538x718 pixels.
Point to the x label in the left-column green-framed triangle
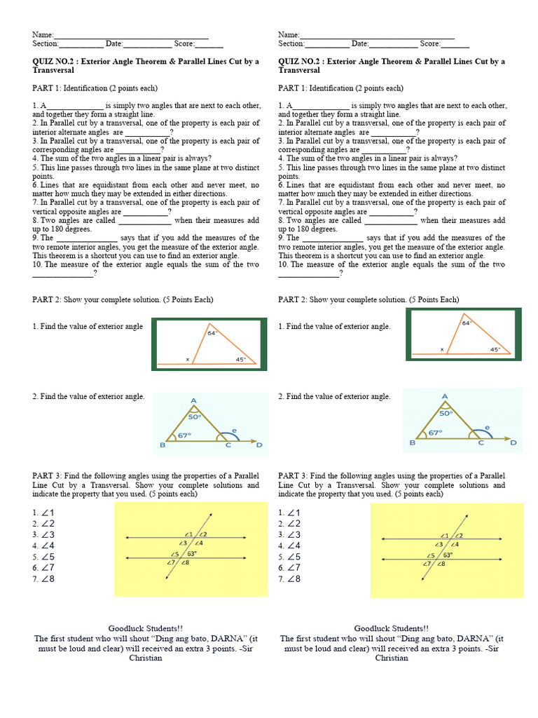[x=187, y=359]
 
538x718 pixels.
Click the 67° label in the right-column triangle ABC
[x=435, y=433]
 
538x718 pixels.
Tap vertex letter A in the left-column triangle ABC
[x=193, y=400]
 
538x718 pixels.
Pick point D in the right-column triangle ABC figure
[x=513, y=443]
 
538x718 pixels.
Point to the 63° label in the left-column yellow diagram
[x=191, y=553]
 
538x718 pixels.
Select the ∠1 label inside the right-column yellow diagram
[x=444, y=534]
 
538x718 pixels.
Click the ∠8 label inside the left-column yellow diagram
[x=185, y=562]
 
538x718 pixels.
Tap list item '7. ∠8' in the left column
[x=43, y=579]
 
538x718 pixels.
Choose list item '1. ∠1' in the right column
[x=289, y=513]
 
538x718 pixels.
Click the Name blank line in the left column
[x=131, y=34]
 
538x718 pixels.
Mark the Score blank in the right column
[x=455, y=43]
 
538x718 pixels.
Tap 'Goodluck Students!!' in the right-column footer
[x=392, y=628]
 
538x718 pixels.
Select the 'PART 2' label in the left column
[x=46, y=299]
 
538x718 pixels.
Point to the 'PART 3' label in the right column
[x=292, y=476]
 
